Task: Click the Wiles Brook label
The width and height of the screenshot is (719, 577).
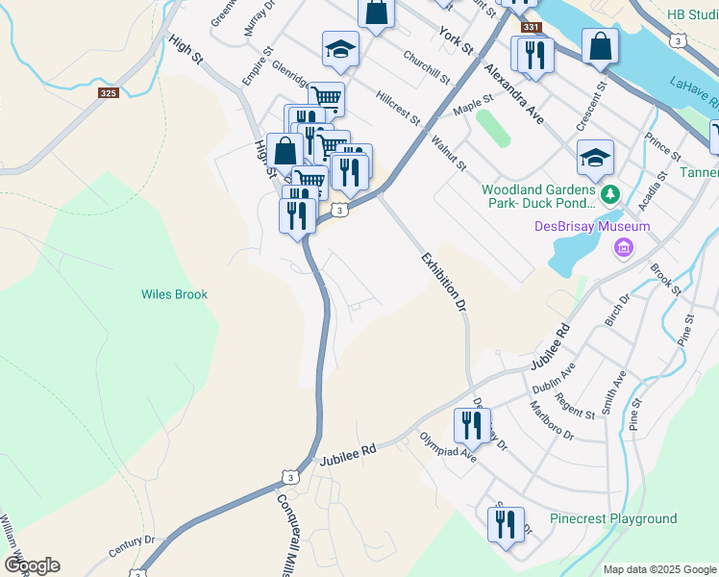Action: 174,294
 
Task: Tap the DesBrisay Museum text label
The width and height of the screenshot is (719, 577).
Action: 592,227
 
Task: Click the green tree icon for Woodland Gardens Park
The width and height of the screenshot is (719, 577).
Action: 609,195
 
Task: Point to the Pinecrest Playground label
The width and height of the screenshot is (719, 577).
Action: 613,518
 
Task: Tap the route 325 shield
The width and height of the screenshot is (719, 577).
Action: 108,93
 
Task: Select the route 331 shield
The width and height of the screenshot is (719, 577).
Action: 532,28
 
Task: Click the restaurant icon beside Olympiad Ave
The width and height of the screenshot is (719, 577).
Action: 472,424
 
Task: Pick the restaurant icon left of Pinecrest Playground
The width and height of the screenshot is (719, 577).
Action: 506,524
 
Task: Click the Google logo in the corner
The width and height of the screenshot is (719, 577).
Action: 32,565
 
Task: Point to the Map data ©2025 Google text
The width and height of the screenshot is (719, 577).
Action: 658,569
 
